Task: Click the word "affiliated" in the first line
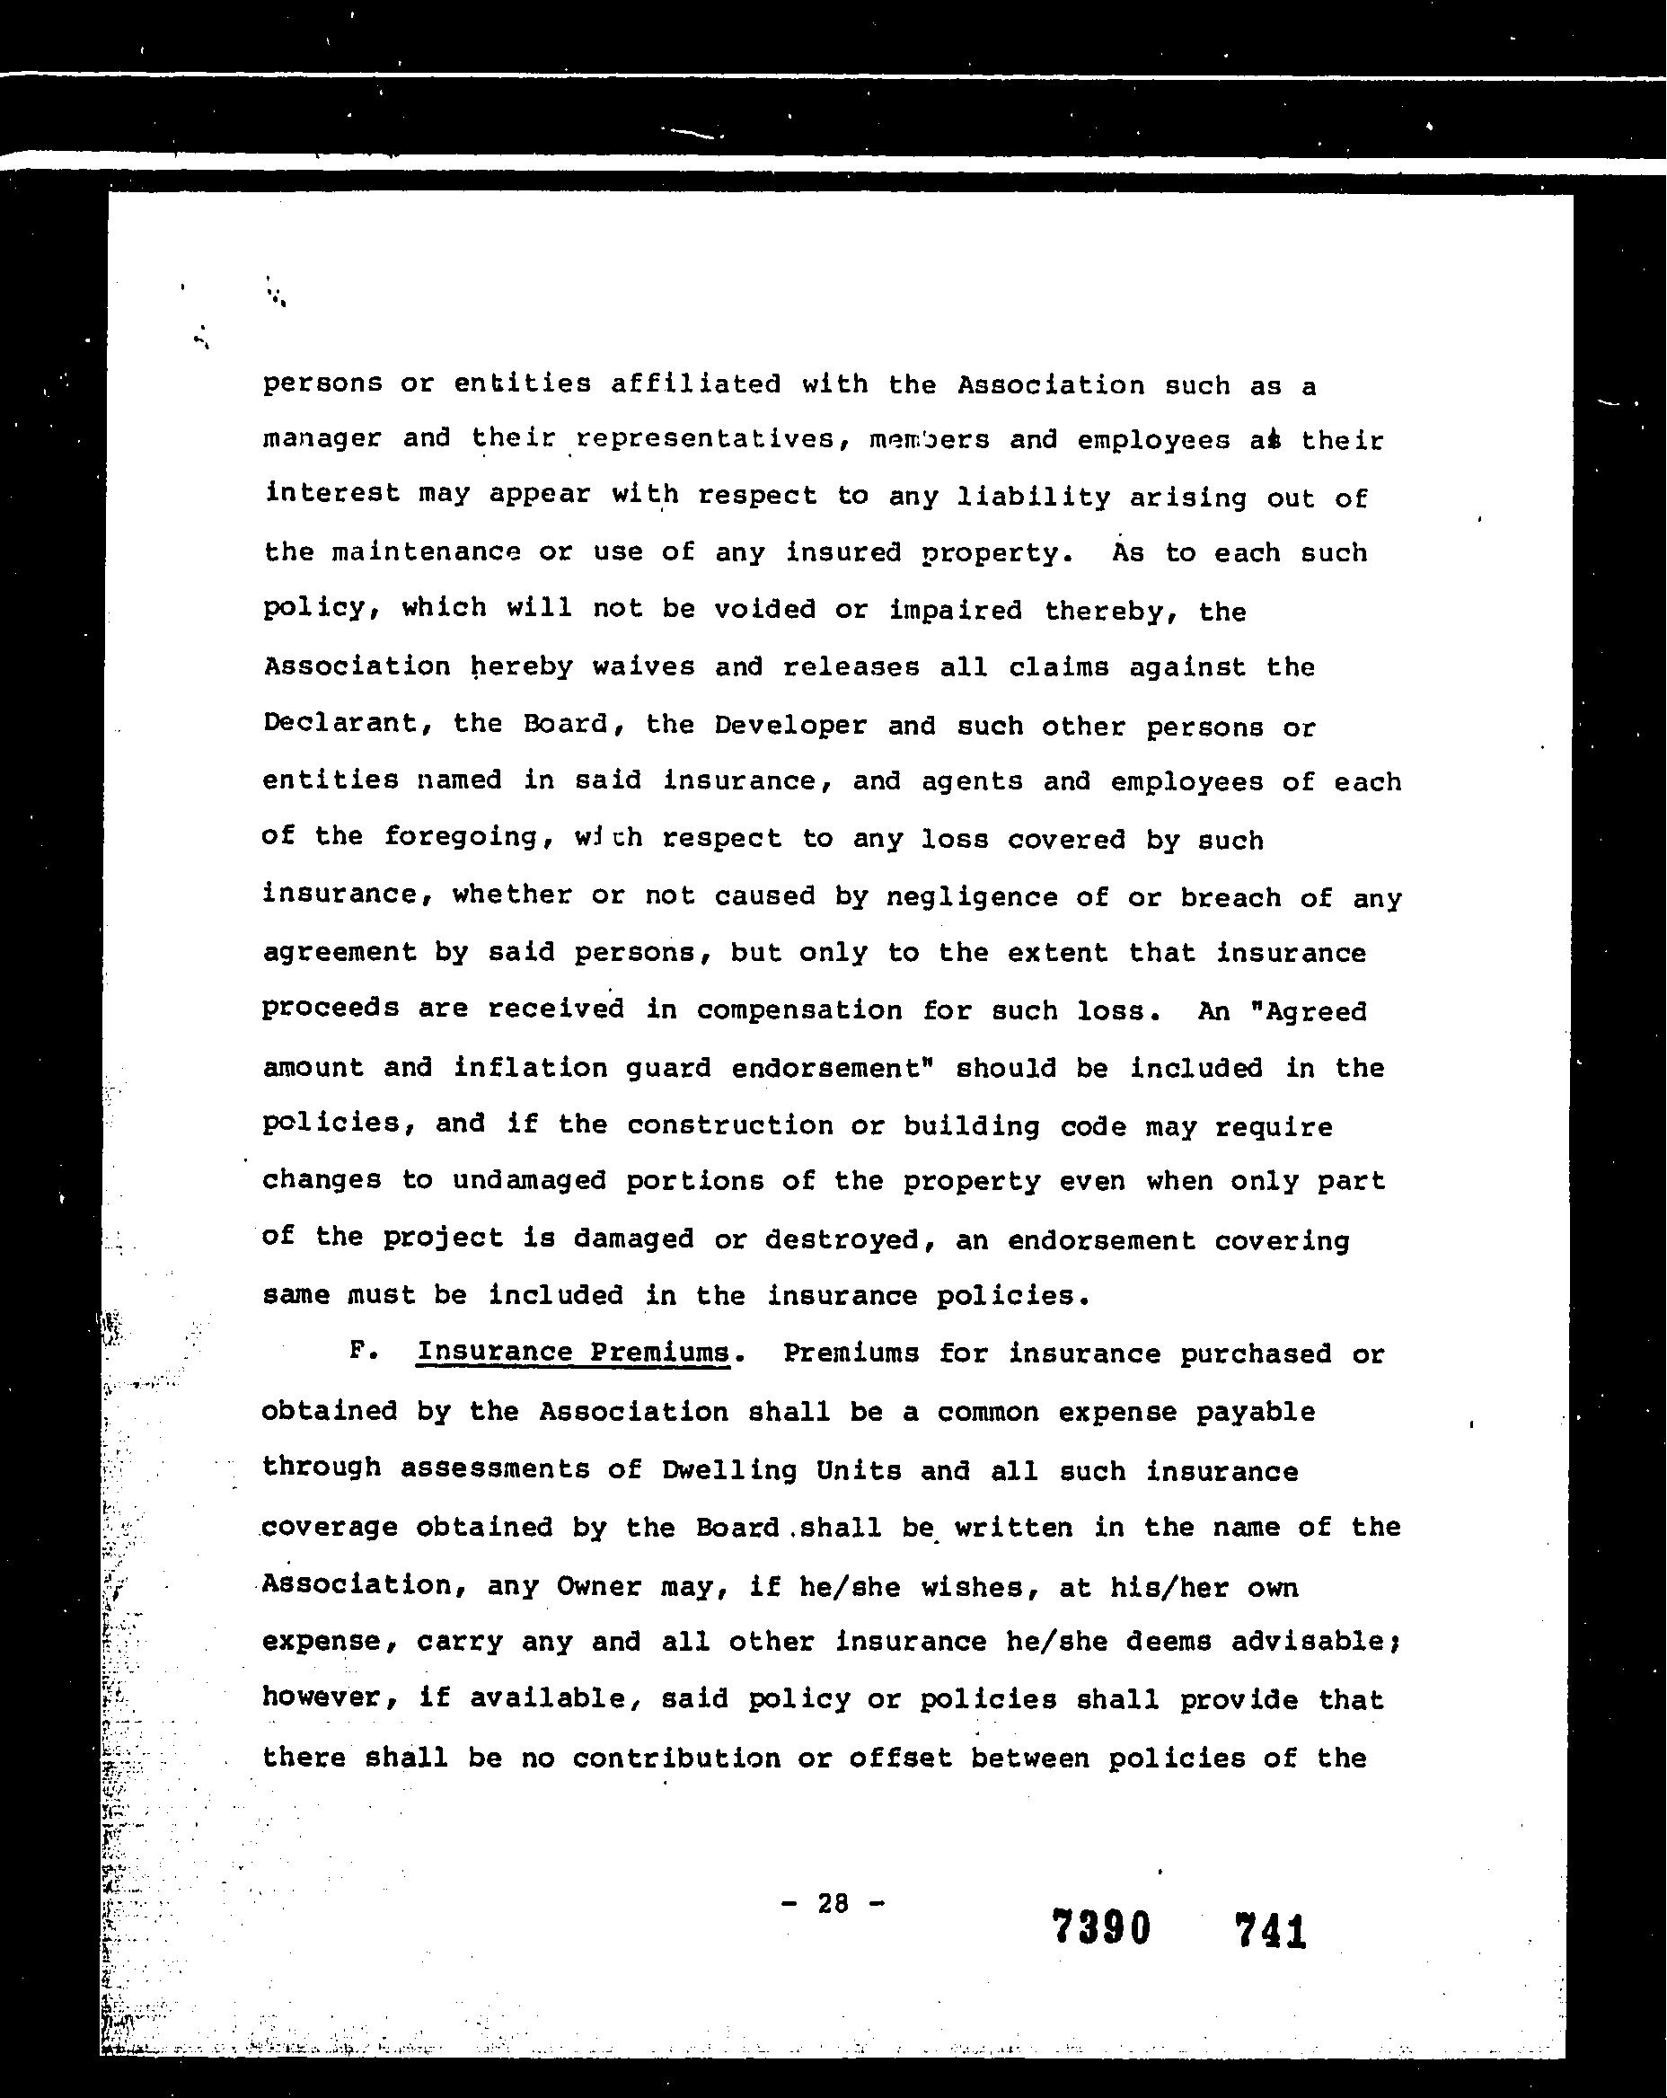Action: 695,384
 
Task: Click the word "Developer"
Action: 789,725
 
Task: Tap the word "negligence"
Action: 971,896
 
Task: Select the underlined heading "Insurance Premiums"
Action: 572,1352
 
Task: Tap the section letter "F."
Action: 363,1352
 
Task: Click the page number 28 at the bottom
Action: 833,1902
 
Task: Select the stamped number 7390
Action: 1100,1926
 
